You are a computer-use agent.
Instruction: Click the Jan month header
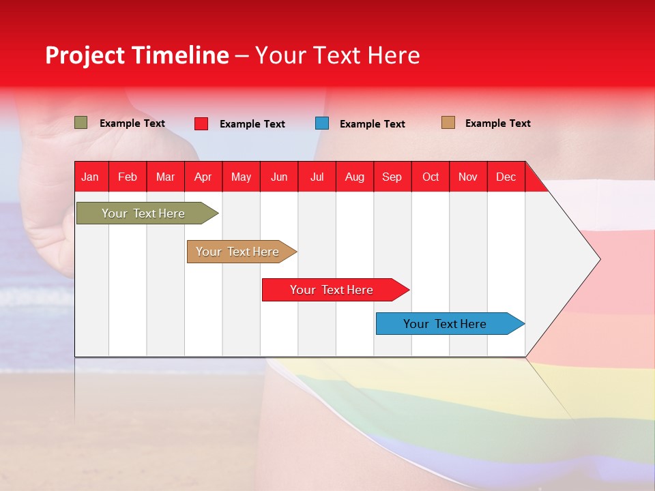[x=90, y=177]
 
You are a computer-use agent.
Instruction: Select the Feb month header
[x=128, y=177]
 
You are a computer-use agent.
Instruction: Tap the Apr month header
[x=203, y=177]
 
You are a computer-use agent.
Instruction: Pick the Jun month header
[x=279, y=177]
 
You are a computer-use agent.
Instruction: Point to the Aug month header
[x=354, y=177]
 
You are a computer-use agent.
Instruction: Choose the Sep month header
[x=392, y=177]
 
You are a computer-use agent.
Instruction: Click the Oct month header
[x=431, y=177]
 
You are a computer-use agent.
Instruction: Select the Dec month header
[x=506, y=177]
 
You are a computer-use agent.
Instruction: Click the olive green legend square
[x=81, y=123]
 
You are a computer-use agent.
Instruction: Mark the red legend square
[x=201, y=123]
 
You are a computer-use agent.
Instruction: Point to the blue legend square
[x=322, y=123]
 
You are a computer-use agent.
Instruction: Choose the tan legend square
[x=448, y=123]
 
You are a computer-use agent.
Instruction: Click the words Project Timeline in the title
[x=137, y=55]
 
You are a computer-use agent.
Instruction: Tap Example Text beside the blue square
[x=372, y=124]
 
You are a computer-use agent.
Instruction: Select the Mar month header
[x=165, y=177]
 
